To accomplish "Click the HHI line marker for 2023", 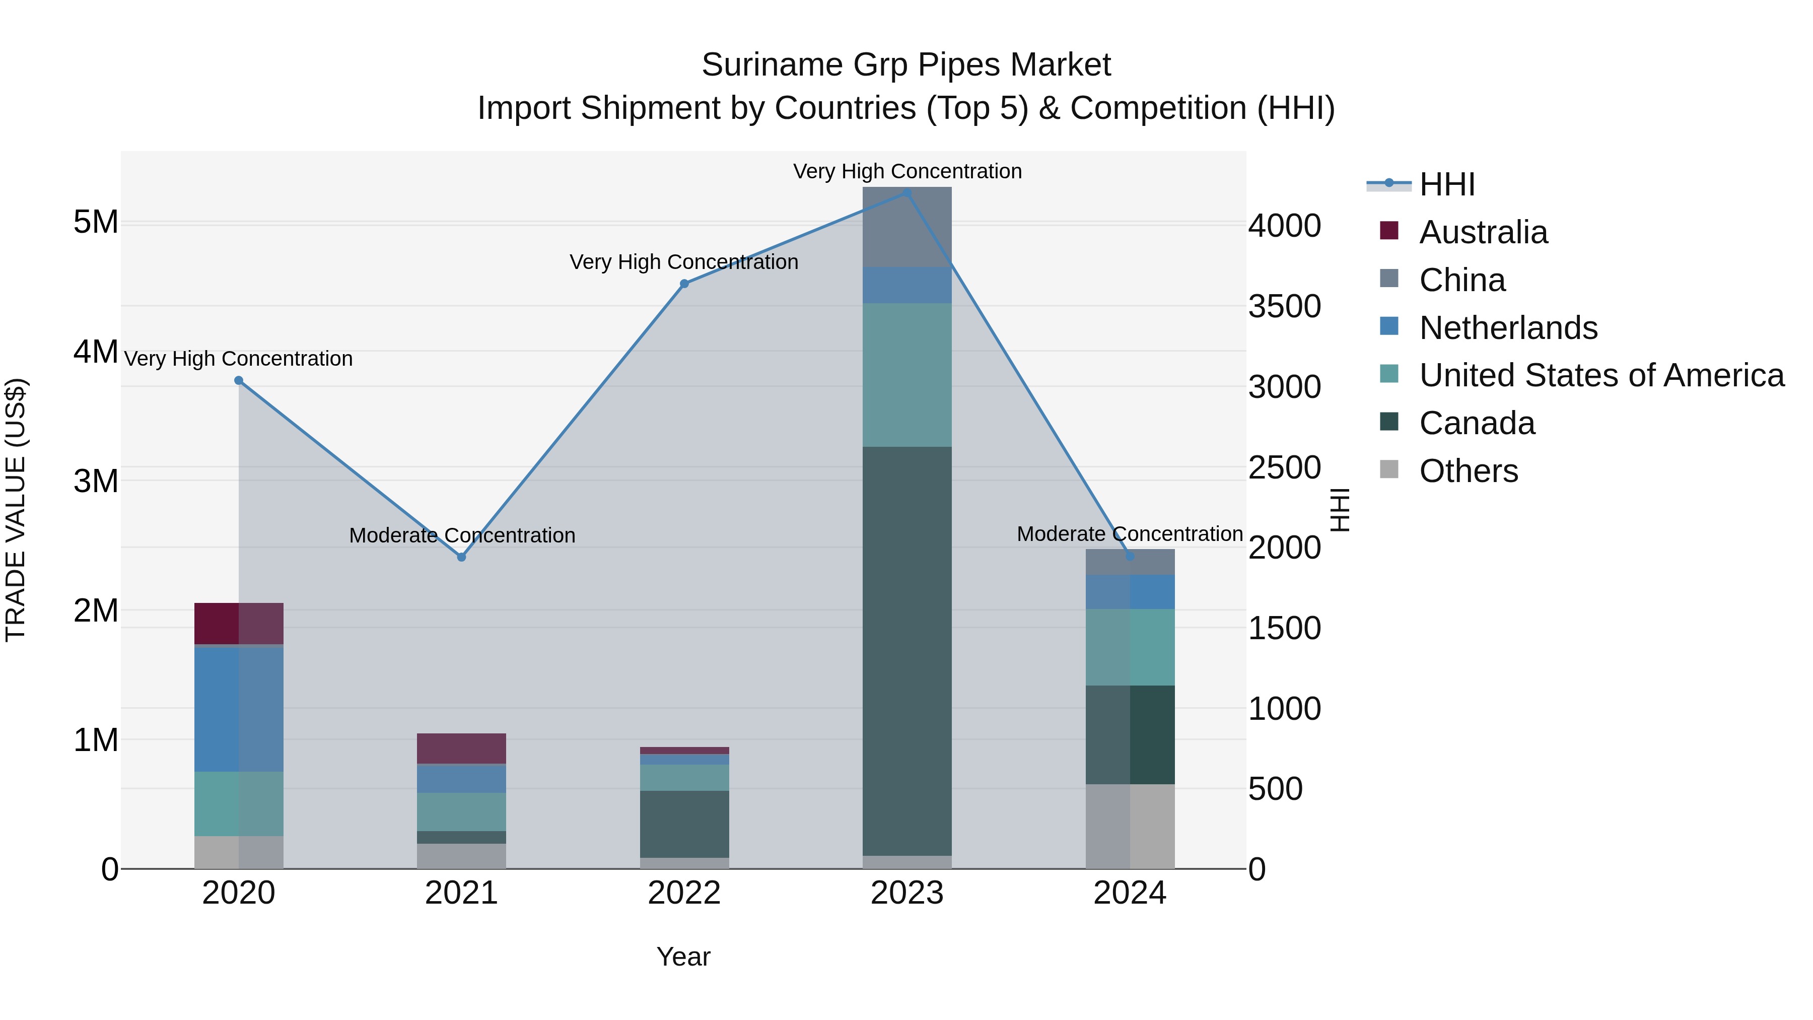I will pos(906,193).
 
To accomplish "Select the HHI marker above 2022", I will pos(684,284).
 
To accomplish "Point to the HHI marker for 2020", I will pos(239,381).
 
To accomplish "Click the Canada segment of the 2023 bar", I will pos(906,651).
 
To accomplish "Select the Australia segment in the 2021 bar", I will pos(461,749).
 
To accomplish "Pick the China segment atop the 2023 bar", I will pos(906,227).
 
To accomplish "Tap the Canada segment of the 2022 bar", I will pos(684,824).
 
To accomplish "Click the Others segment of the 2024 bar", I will pos(1130,827).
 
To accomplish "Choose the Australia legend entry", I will pos(1483,232).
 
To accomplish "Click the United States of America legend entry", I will pos(1601,375).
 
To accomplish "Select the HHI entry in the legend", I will pos(1446,184).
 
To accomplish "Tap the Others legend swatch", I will pos(1389,469).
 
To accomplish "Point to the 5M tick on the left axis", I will pos(96,223).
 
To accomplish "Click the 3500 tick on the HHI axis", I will pos(1284,306).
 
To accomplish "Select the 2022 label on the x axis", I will pos(684,893).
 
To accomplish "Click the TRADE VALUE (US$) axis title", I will pos(16,510).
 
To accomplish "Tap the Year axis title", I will pos(683,957).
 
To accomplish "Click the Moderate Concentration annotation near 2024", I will pos(1130,534).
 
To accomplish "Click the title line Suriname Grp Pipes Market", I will pos(906,65).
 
